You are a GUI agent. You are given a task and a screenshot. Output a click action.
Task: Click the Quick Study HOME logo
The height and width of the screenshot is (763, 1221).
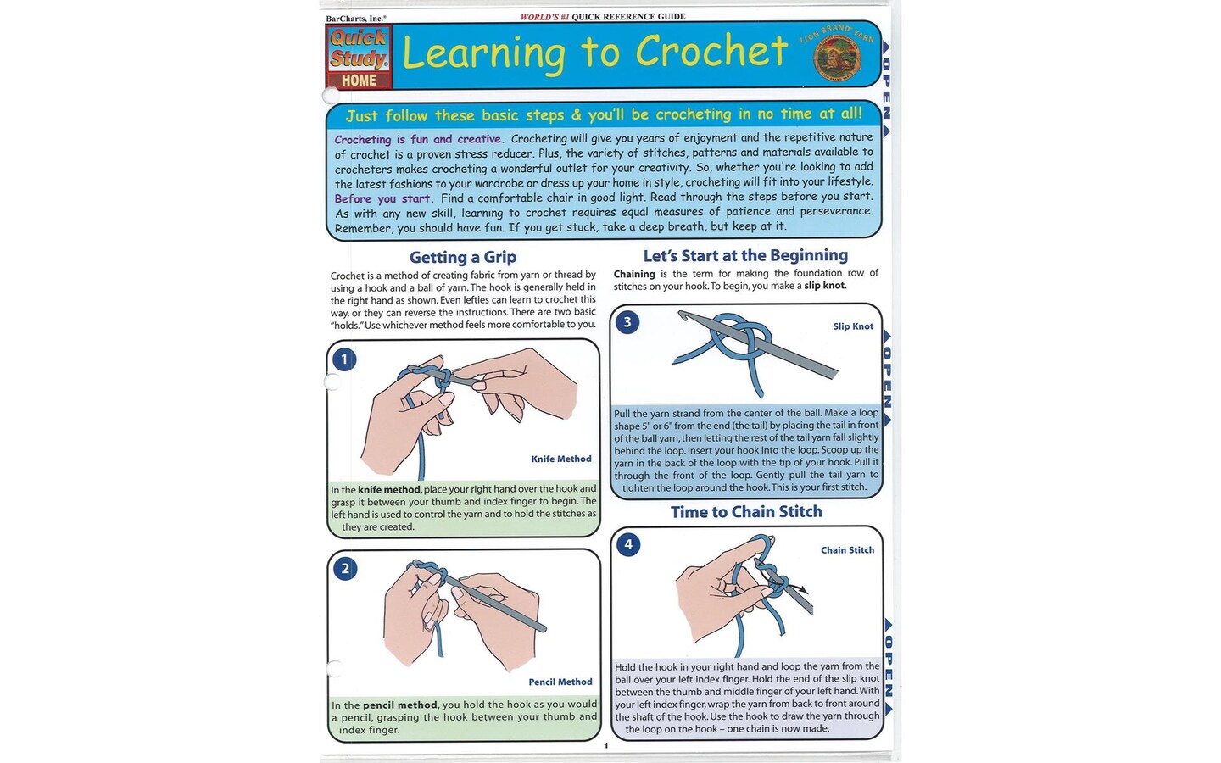click(359, 58)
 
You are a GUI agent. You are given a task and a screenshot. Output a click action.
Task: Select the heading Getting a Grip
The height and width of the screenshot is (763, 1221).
click(462, 257)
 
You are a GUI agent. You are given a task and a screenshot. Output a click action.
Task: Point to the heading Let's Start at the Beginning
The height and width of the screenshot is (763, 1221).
click(744, 255)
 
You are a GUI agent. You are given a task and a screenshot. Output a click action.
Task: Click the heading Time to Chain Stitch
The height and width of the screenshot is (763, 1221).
click(746, 511)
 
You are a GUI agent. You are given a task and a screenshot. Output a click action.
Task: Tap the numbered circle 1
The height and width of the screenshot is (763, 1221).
click(344, 359)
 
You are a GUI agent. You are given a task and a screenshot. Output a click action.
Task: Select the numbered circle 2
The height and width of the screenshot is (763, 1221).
click(344, 568)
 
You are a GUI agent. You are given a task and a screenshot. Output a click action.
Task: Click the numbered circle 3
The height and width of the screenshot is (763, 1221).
click(627, 322)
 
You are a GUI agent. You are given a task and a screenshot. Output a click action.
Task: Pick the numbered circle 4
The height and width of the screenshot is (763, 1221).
click(627, 544)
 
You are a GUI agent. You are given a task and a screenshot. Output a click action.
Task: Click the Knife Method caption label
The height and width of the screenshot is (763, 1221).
click(560, 459)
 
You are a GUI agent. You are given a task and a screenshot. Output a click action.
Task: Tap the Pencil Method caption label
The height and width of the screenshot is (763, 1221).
click(560, 682)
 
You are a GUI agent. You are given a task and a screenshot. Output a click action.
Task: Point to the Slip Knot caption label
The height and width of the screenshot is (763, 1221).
click(852, 326)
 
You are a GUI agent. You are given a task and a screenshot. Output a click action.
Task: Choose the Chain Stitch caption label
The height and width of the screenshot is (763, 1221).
click(847, 550)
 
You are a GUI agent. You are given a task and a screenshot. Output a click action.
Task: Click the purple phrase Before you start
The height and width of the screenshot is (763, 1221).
click(382, 198)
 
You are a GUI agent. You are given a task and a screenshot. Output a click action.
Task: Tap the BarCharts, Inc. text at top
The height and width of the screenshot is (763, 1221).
click(356, 18)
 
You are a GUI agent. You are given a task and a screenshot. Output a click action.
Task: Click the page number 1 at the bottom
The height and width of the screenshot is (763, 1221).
click(605, 746)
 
